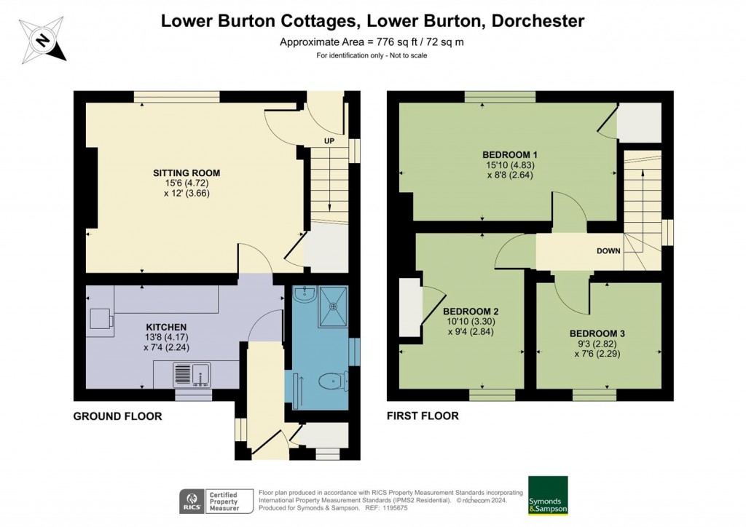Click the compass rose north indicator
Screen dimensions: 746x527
[43, 40]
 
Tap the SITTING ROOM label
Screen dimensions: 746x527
[186, 173]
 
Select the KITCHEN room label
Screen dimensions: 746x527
[166, 327]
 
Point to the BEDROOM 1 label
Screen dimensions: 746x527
[509, 154]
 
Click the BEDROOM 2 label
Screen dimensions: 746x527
[471, 312]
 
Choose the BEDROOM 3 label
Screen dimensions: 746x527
[597, 333]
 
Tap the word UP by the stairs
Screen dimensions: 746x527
[329, 141]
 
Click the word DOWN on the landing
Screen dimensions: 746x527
[608, 251]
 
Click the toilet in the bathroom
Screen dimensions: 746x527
[331, 381]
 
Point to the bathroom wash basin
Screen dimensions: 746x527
[303, 295]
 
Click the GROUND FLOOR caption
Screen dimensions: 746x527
[117, 416]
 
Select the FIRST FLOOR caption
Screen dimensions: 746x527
[423, 416]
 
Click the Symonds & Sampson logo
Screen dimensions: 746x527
[548, 495]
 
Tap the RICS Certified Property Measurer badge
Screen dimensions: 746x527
[216, 502]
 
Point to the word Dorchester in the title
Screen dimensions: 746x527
[538, 21]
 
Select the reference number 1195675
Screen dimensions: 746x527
[393, 508]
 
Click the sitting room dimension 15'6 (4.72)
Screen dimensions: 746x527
[186, 183]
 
